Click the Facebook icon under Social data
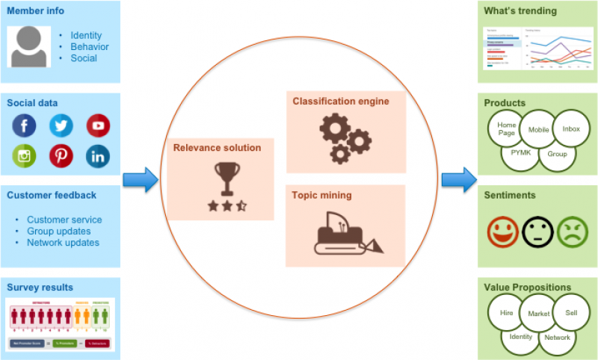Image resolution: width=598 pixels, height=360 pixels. (24, 125)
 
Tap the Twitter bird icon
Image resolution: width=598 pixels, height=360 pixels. (61, 125)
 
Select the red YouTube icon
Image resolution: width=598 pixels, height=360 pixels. (98, 125)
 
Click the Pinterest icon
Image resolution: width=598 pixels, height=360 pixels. (61, 156)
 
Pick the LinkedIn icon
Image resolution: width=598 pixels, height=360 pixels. (98, 156)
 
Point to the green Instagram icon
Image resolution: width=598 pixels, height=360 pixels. (24, 156)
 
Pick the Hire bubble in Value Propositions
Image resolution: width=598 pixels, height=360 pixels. (507, 314)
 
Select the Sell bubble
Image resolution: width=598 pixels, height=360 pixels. (571, 314)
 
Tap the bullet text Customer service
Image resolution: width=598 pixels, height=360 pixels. (64, 220)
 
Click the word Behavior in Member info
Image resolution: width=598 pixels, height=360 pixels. (90, 46)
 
